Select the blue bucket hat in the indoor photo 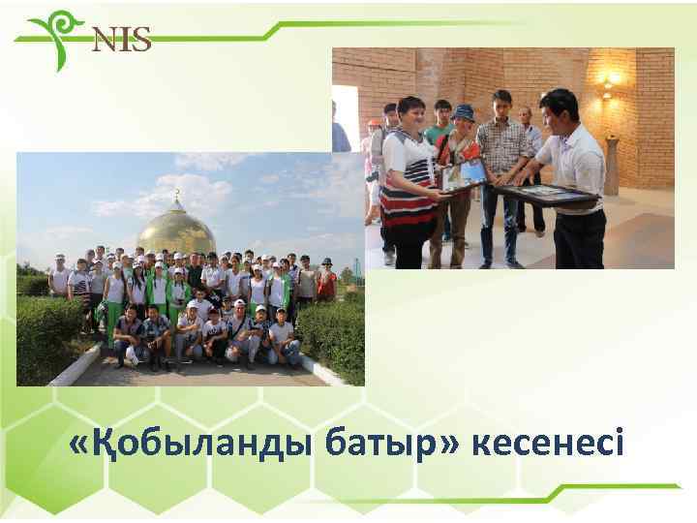(463, 111)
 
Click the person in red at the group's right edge (326, 281)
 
